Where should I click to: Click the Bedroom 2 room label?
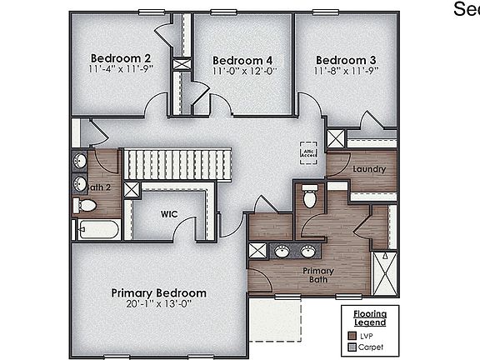121,57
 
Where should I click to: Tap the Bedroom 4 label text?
242,61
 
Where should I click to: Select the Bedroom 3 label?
346,60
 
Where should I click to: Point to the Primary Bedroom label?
159,293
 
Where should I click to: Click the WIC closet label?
169,214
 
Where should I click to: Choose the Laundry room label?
368,170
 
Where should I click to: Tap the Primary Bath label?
318,276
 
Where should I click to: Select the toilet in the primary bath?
309,197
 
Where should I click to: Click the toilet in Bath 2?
87,205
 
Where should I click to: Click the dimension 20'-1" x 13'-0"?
159,305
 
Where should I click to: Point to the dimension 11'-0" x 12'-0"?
242,72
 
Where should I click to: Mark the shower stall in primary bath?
384,274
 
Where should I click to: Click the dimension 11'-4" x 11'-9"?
121,70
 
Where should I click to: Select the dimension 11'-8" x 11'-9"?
346,72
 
